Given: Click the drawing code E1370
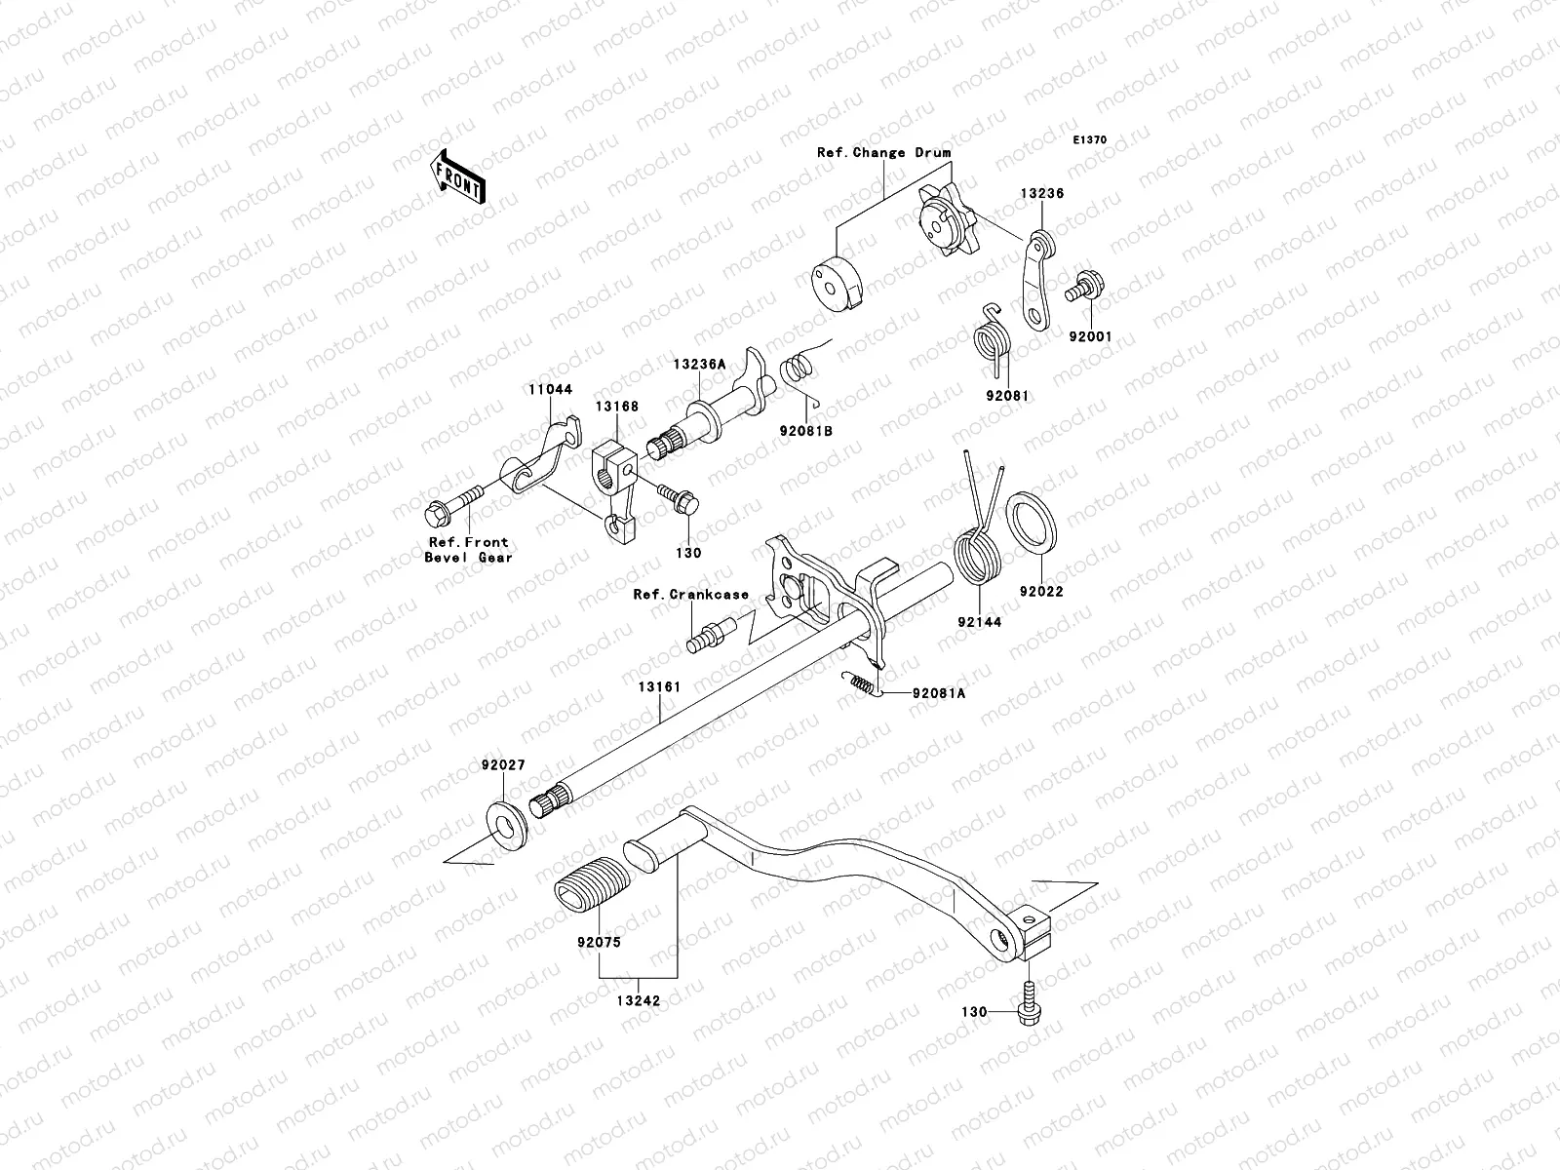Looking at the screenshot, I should click(1091, 140).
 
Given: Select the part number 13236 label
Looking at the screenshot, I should click(1042, 194).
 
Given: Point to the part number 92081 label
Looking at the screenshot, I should click(1007, 396).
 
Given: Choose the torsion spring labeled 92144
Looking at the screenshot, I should click(978, 556).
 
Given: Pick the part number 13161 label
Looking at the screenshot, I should click(659, 686).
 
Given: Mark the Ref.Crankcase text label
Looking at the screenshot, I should click(690, 594).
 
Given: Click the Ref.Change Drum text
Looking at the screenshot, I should click(883, 153).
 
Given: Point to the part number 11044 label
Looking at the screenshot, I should click(551, 389).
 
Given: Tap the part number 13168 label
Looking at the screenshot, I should click(618, 407).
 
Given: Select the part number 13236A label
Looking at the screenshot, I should click(698, 364).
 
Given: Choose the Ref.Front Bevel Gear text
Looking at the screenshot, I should click(468, 550).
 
